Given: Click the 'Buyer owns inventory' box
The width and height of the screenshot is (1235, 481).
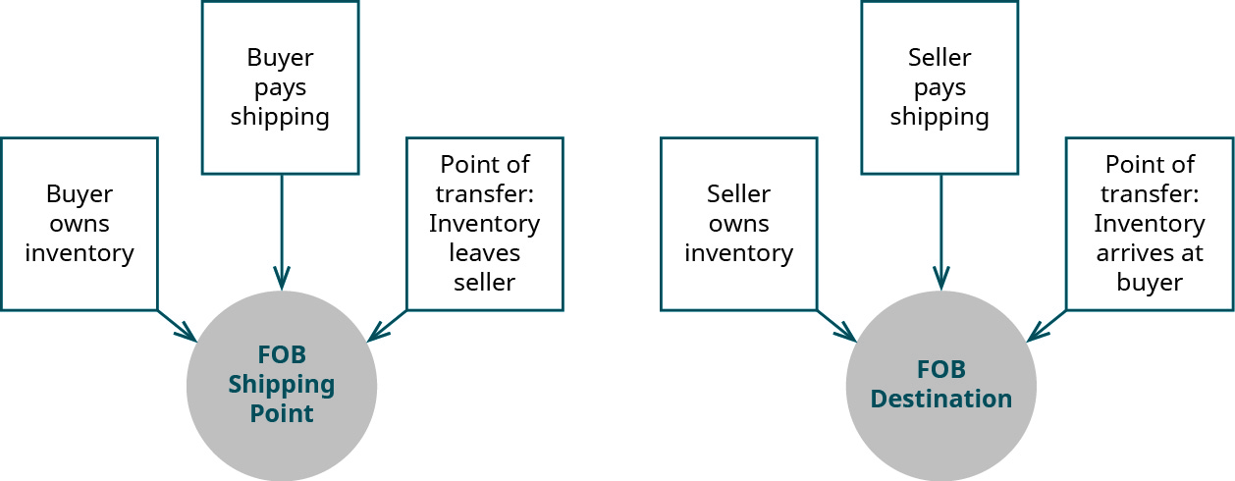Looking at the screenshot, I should [x=80, y=224].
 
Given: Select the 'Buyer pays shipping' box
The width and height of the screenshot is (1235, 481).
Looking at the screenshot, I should [x=280, y=87].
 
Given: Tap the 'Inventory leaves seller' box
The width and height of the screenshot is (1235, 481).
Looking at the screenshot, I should [x=484, y=224].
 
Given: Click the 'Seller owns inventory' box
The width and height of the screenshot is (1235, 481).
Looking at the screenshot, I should [x=738, y=224].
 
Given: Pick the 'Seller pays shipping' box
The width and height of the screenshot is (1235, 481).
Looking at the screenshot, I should [x=940, y=87].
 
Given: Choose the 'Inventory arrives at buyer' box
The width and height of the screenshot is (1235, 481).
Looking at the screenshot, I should [x=1149, y=224].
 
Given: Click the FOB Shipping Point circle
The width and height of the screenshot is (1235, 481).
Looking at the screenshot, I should [x=282, y=386].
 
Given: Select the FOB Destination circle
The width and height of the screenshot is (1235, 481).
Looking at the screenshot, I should [x=941, y=386].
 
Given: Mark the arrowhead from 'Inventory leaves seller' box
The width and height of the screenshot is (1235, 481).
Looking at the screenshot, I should [x=377, y=335].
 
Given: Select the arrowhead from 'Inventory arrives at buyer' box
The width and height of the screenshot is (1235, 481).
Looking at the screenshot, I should [x=1037, y=335].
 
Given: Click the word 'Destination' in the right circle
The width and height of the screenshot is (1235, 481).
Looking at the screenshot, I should [x=941, y=400].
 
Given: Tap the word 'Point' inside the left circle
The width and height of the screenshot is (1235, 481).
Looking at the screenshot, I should [x=282, y=413].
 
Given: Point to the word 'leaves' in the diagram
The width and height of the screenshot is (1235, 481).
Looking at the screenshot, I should [x=484, y=252].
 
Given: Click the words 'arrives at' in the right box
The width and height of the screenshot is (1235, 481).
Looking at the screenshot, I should [x=1149, y=252].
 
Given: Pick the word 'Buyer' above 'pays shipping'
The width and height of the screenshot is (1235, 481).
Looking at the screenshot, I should [x=280, y=58].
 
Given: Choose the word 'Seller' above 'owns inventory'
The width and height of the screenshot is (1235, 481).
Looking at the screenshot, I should [x=738, y=194].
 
